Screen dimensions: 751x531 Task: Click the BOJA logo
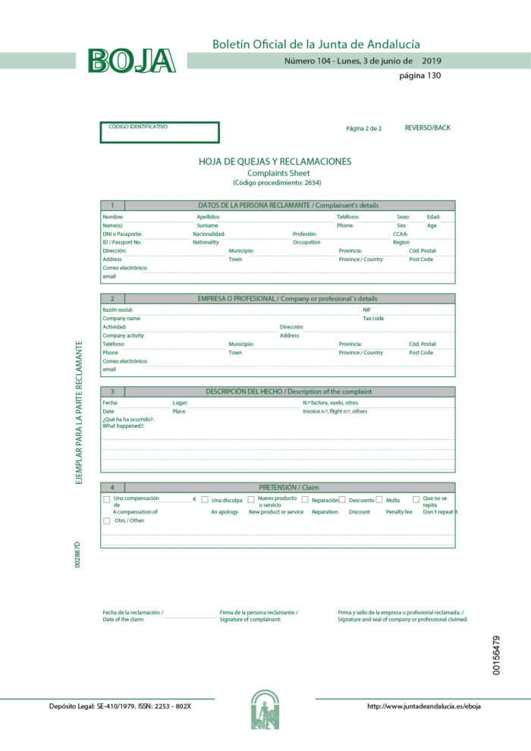(x=131, y=61)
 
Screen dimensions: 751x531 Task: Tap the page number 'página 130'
(x=419, y=75)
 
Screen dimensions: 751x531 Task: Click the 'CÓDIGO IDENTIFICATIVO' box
(x=159, y=133)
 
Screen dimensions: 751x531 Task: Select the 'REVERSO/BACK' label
(x=427, y=127)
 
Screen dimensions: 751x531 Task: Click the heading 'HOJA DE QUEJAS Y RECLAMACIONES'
(x=275, y=162)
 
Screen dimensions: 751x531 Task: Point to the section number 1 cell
(x=112, y=206)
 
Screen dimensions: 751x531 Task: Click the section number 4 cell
(x=112, y=487)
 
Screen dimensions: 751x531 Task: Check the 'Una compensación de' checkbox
(x=106, y=500)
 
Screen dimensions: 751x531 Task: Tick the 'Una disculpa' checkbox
(x=205, y=500)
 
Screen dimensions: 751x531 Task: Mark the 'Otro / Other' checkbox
(x=106, y=520)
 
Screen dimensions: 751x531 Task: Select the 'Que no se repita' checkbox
(x=416, y=500)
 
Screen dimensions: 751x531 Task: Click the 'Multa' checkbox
(x=379, y=500)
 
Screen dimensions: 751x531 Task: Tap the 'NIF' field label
(x=367, y=310)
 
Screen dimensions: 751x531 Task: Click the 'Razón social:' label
(x=118, y=310)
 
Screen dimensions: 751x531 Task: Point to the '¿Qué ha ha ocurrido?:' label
(x=128, y=419)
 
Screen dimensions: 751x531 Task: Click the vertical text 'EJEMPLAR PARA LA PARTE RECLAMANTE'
(x=79, y=413)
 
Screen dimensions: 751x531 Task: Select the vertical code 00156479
(x=496, y=655)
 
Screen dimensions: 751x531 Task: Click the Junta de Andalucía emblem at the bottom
(x=265, y=709)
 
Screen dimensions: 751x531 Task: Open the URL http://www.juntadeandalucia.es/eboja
(x=423, y=706)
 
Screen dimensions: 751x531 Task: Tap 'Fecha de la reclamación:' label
(x=133, y=612)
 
